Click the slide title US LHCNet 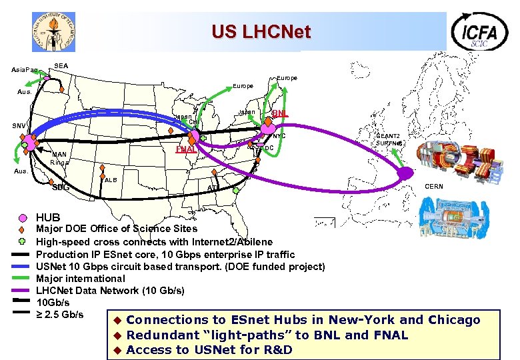(261, 31)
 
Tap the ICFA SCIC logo (479, 31)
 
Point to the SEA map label (61, 65)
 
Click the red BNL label (280, 113)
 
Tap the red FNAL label (185, 149)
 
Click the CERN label (433, 187)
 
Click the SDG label (60, 187)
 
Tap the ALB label (111, 180)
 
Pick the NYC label (279, 136)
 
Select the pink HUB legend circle (22, 218)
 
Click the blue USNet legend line (21, 267)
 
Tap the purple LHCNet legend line (21, 291)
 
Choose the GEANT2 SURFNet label (388, 139)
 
